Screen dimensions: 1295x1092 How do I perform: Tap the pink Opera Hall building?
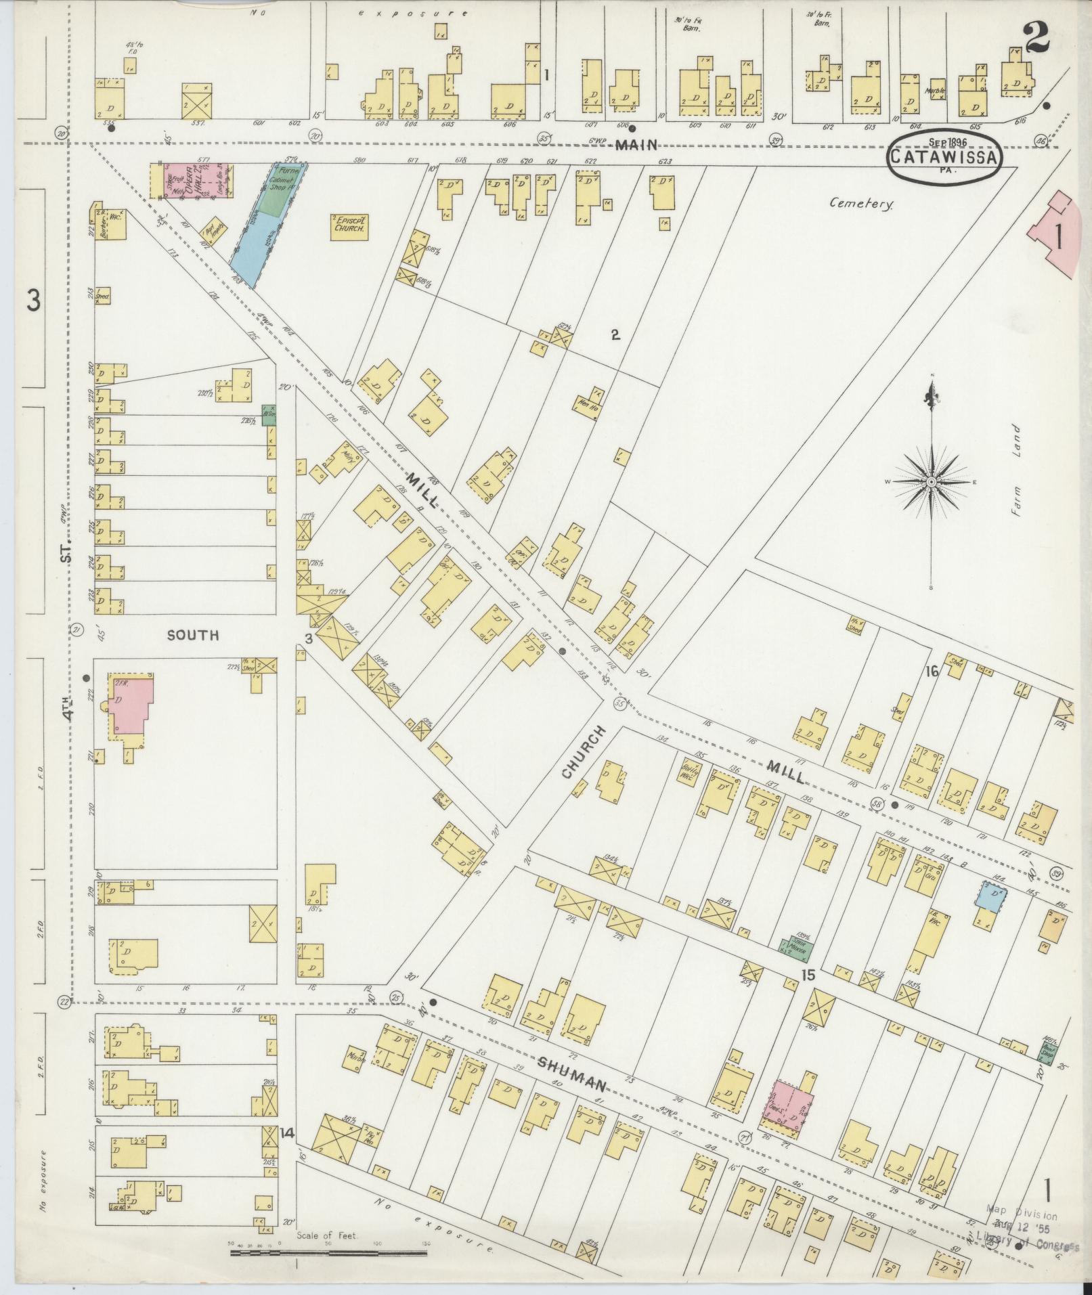click(x=192, y=179)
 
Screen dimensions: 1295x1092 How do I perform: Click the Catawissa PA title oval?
click(x=944, y=156)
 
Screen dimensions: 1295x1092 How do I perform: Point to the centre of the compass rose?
click(x=932, y=481)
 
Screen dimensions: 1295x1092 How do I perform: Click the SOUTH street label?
click(x=194, y=635)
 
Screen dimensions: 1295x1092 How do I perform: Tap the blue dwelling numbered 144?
click(x=990, y=897)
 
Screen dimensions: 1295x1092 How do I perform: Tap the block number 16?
click(x=932, y=671)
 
